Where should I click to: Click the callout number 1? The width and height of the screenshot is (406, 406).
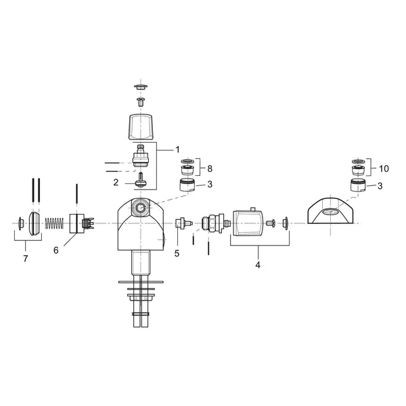tap(177, 150)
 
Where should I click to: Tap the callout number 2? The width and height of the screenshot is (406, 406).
tap(116, 183)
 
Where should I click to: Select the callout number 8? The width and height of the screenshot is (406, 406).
tap(210, 168)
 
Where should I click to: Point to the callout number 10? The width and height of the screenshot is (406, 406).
tap(384, 168)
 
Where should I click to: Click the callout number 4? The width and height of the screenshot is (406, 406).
tap(258, 265)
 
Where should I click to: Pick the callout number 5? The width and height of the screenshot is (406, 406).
tap(177, 254)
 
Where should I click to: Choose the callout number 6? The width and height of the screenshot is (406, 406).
tap(56, 250)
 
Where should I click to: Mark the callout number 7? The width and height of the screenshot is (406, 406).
tap(26, 258)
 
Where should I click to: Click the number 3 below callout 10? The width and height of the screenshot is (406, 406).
tap(380, 186)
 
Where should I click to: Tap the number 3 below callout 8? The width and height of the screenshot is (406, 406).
tap(210, 184)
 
